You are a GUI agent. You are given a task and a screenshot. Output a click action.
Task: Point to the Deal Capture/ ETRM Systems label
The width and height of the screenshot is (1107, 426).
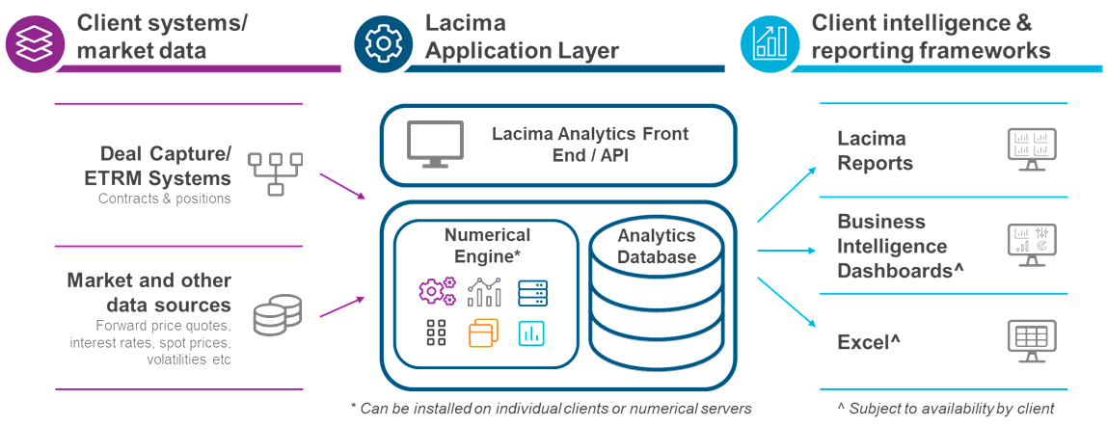coord(165,166)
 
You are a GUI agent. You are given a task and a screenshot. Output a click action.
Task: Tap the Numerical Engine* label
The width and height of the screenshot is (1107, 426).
coord(486,245)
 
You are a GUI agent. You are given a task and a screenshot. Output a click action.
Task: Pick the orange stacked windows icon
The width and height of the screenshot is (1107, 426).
coord(482,333)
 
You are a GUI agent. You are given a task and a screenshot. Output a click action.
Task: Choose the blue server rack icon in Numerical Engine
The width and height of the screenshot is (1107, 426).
coord(532,291)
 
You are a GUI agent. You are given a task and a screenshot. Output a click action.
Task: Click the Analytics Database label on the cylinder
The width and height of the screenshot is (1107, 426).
coord(657,246)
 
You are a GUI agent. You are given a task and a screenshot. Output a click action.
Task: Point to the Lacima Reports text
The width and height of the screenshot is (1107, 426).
coord(875,151)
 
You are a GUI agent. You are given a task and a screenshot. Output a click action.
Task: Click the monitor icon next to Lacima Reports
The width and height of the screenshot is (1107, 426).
coord(1031,149)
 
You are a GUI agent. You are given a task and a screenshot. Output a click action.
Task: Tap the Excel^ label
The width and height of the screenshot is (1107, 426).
coord(869,341)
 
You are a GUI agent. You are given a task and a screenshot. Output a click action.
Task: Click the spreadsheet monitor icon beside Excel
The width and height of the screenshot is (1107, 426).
coord(1031,340)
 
